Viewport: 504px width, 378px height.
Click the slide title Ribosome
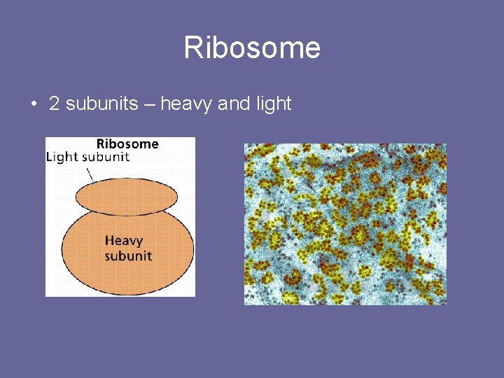[252, 48]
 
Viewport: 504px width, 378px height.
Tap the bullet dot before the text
[33, 105]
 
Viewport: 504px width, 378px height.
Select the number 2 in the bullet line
[54, 104]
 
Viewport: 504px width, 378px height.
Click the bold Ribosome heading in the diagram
[127, 144]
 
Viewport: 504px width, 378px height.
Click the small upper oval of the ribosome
[126, 196]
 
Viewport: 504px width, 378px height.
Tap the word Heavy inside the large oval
[124, 241]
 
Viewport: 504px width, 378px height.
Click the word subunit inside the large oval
[128, 255]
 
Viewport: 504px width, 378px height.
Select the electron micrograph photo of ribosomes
[345, 224]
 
